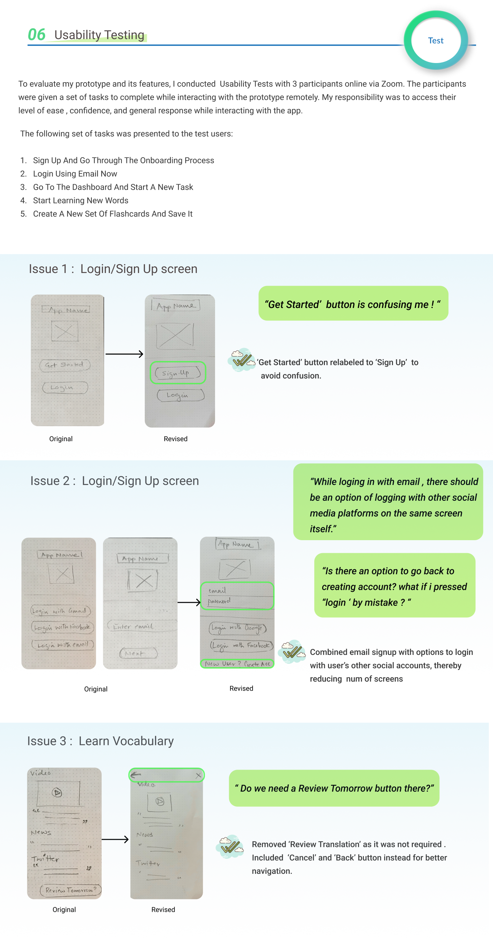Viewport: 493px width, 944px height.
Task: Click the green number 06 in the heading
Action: (x=36, y=35)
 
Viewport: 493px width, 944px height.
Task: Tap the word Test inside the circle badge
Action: (x=435, y=40)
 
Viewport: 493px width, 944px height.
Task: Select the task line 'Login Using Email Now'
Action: (x=75, y=174)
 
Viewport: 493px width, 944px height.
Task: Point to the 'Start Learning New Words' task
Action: (x=80, y=200)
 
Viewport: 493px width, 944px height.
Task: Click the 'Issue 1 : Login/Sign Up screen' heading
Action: (x=113, y=269)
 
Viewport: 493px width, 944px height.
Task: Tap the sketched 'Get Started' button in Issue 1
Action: (x=64, y=365)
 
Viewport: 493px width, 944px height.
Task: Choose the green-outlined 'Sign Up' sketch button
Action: (x=178, y=373)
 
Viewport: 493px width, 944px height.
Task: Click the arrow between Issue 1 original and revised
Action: (x=124, y=354)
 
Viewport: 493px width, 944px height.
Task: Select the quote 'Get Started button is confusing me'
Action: (x=353, y=304)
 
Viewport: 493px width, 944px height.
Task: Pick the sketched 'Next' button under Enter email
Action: (x=138, y=653)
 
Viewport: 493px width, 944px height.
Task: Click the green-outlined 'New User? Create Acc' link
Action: (x=237, y=664)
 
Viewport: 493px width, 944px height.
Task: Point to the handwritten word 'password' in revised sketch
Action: (x=219, y=601)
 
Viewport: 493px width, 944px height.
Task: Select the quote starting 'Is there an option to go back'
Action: (x=394, y=586)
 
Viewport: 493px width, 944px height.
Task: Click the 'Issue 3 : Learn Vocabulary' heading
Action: (x=100, y=741)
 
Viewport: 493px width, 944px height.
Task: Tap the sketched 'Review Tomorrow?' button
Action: (x=70, y=890)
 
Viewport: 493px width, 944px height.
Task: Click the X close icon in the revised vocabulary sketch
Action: (x=198, y=775)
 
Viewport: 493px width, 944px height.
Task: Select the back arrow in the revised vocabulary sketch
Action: (x=136, y=775)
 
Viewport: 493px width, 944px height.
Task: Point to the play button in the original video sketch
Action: (x=57, y=793)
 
